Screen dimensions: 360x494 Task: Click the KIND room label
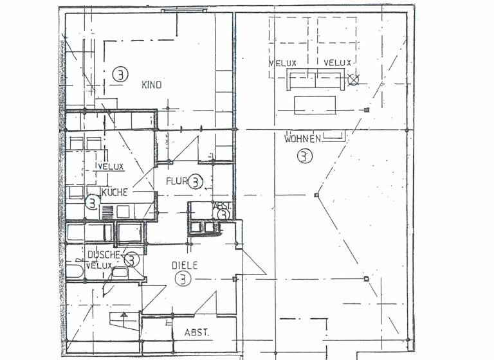[151, 85]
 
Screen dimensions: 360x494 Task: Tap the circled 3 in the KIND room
[120, 74]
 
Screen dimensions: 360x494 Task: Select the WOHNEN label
[302, 138]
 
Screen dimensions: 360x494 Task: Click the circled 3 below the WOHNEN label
[304, 156]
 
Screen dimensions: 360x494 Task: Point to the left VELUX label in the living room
[284, 62]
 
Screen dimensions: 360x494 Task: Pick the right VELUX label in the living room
[337, 62]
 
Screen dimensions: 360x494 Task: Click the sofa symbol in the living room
[315, 80]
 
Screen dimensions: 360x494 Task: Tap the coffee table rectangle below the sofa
[315, 104]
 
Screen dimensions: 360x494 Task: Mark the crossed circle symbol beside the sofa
[352, 80]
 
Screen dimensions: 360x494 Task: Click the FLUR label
[176, 181]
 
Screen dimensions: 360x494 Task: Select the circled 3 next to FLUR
[196, 182]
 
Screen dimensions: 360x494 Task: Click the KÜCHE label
[114, 192]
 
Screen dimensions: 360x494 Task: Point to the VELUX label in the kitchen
[110, 166]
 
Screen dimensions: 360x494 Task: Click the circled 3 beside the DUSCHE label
[131, 260]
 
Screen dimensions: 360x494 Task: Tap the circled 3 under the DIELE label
[183, 279]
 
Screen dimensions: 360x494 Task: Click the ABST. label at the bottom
[196, 332]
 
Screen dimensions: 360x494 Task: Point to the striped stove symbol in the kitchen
[107, 211]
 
